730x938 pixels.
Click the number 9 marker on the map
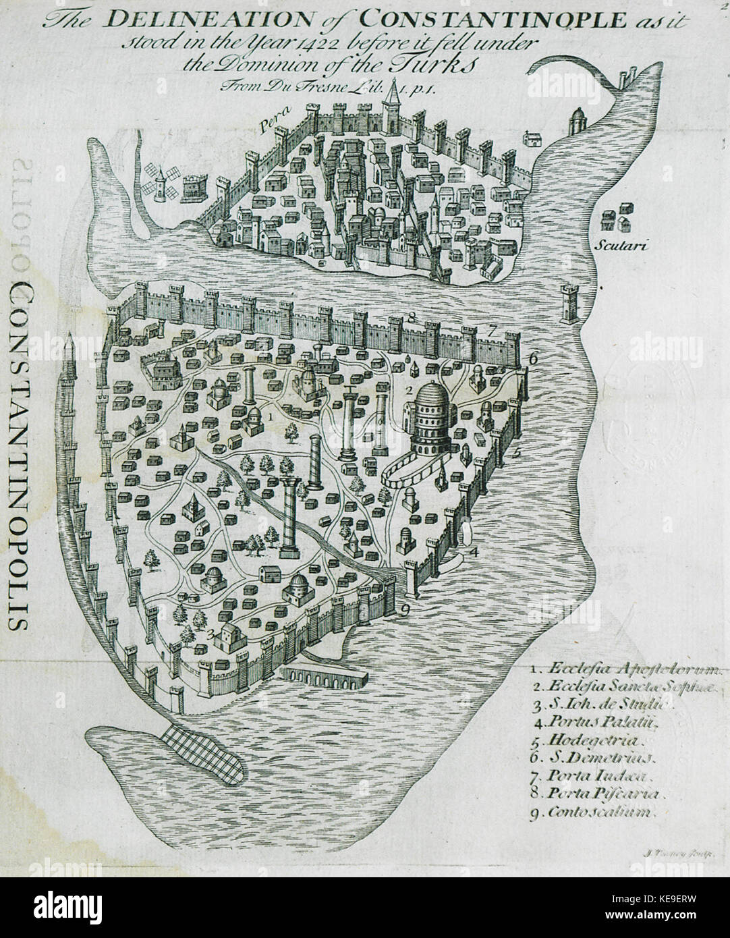(404, 611)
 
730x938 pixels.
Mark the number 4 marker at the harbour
(475, 551)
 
